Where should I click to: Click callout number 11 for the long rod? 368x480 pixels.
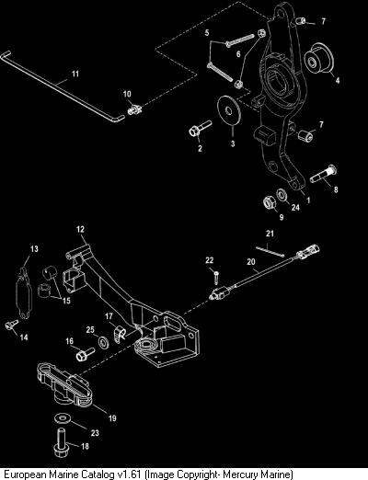pos(75,74)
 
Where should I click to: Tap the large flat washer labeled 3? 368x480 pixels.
pos(229,110)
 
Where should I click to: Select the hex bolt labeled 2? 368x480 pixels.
pos(200,129)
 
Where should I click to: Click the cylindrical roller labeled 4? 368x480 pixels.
pos(318,59)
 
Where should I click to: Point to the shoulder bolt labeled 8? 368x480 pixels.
pos(323,174)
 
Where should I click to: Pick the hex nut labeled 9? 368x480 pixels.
pos(270,203)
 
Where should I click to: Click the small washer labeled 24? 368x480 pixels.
pos(282,194)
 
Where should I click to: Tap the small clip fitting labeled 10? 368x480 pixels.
pos(134,109)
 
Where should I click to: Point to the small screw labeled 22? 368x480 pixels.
pos(216,278)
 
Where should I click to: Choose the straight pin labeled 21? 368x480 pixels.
pos(270,250)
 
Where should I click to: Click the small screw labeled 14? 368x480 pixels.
pos(12,325)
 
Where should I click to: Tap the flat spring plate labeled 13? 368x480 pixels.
pos(23,292)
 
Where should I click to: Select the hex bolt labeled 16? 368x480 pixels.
pos(85,354)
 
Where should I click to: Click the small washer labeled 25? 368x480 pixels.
pos(103,342)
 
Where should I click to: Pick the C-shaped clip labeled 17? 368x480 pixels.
pos(119,334)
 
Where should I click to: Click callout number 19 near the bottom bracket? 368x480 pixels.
pos(112,418)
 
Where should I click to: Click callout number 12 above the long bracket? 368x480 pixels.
pos(80,229)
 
